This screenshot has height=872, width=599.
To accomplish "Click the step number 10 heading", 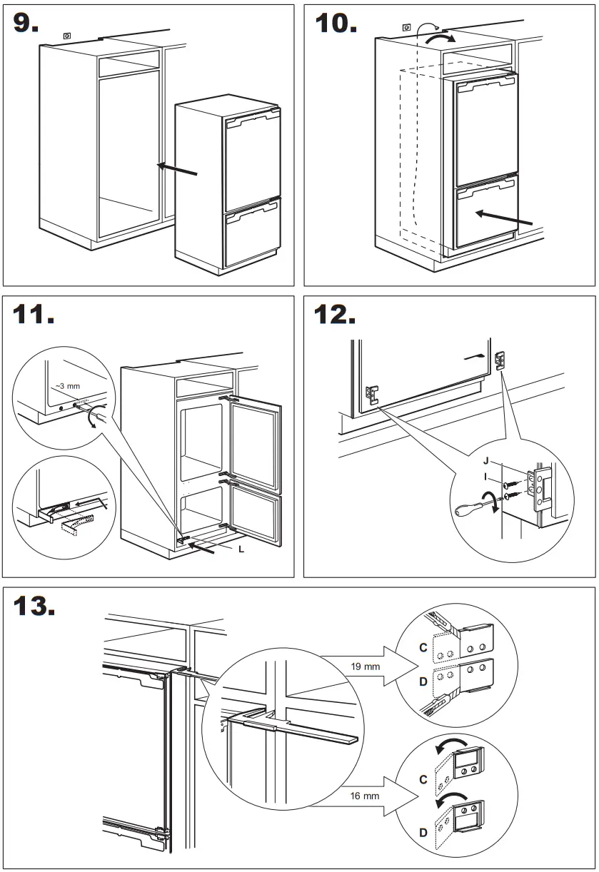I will click(x=336, y=23).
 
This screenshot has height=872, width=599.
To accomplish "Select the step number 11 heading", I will click(x=34, y=314).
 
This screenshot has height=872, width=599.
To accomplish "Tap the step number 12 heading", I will click(x=336, y=314).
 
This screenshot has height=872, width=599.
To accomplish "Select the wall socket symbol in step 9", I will click(x=68, y=34).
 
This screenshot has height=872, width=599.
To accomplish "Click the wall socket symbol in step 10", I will click(x=406, y=28).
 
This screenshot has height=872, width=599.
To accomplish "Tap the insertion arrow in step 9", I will click(x=176, y=170).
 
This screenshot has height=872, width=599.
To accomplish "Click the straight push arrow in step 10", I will click(x=503, y=218).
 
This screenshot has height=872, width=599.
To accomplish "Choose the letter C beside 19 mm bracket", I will click(x=423, y=648).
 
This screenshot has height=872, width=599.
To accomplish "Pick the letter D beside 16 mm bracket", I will click(x=423, y=832).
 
